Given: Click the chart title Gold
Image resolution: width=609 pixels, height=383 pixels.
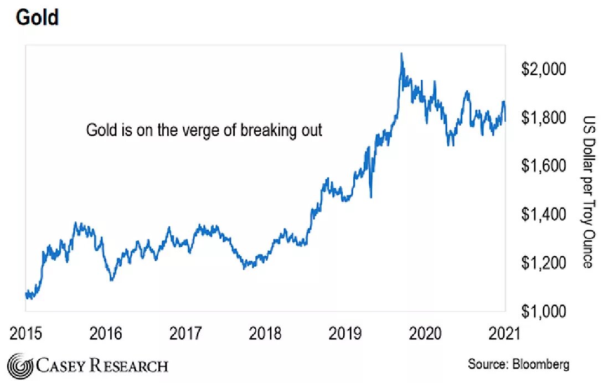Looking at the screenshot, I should pos(37,18).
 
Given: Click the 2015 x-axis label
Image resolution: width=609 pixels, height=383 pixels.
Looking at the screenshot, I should pos(26,334).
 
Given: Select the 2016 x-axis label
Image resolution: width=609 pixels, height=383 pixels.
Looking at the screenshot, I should pos(106,334).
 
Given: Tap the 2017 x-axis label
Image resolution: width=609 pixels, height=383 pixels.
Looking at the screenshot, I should pos(185,334).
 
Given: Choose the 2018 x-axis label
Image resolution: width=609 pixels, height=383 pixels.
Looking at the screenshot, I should pos(265,334).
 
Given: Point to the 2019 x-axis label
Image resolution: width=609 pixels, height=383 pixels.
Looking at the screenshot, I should pos(345,334).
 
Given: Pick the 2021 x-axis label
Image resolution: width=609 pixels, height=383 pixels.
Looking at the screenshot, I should pos(504,334).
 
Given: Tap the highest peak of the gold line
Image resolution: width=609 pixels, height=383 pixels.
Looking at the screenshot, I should pos(401,54).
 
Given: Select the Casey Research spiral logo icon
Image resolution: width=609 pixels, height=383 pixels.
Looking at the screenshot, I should pos(20,365).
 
